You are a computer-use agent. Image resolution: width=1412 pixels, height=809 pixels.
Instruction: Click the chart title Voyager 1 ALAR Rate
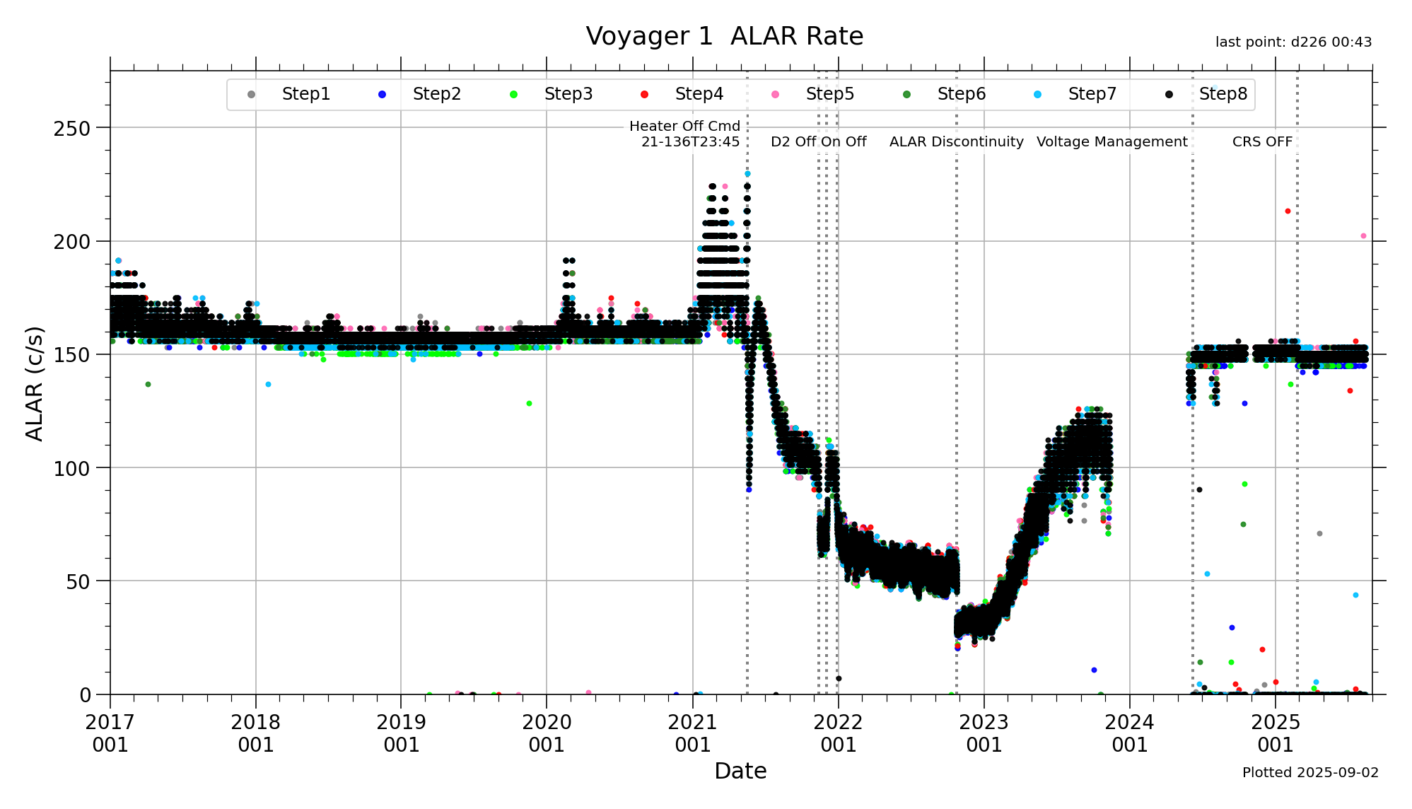click(x=724, y=36)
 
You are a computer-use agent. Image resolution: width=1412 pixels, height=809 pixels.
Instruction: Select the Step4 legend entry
click(x=699, y=94)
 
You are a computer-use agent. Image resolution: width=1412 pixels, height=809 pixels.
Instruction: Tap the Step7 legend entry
click(x=1092, y=94)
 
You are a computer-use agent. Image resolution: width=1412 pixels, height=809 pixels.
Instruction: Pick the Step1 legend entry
click(x=305, y=94)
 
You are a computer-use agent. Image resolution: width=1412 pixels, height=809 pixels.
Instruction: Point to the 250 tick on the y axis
click(x=72, y=129)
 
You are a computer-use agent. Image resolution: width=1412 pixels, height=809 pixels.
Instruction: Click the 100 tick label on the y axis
click(x=72, y=468)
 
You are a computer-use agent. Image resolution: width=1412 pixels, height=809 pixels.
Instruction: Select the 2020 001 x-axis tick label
click(x=547, y=733)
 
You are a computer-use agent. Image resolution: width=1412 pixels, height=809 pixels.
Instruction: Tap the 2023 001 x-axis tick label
click(x=984, y=733)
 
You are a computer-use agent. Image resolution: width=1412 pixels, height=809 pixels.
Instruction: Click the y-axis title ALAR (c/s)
click(x=35, y=383)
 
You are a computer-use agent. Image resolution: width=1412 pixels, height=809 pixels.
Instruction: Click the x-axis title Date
click(x=740, y=771)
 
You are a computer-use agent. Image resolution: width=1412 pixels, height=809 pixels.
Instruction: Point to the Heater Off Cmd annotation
click(x=684, y=134)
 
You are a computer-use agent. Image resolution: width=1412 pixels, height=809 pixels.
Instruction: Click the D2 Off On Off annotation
click(x=818, y=141)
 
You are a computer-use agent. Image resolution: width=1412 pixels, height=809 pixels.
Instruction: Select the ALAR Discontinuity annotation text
click(x=956, y=141)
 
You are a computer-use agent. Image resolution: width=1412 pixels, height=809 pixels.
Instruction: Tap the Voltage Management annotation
click(x=1111, y=141)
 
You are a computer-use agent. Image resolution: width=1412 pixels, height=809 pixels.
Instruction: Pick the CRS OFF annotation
click(x=1262, y=141)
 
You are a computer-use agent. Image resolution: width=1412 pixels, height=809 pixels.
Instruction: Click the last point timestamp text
click(x=1293, y=42)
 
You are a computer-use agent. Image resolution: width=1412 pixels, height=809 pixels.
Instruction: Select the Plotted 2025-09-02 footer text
click(x=1310, y=772)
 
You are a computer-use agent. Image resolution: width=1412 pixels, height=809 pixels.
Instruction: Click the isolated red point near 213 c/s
click(x=1288, y=211)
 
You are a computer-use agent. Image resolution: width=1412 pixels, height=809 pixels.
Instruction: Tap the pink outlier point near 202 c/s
click(x=1363, y=236)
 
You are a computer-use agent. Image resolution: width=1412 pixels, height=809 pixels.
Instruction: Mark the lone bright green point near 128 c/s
click(x=529, y=404)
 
